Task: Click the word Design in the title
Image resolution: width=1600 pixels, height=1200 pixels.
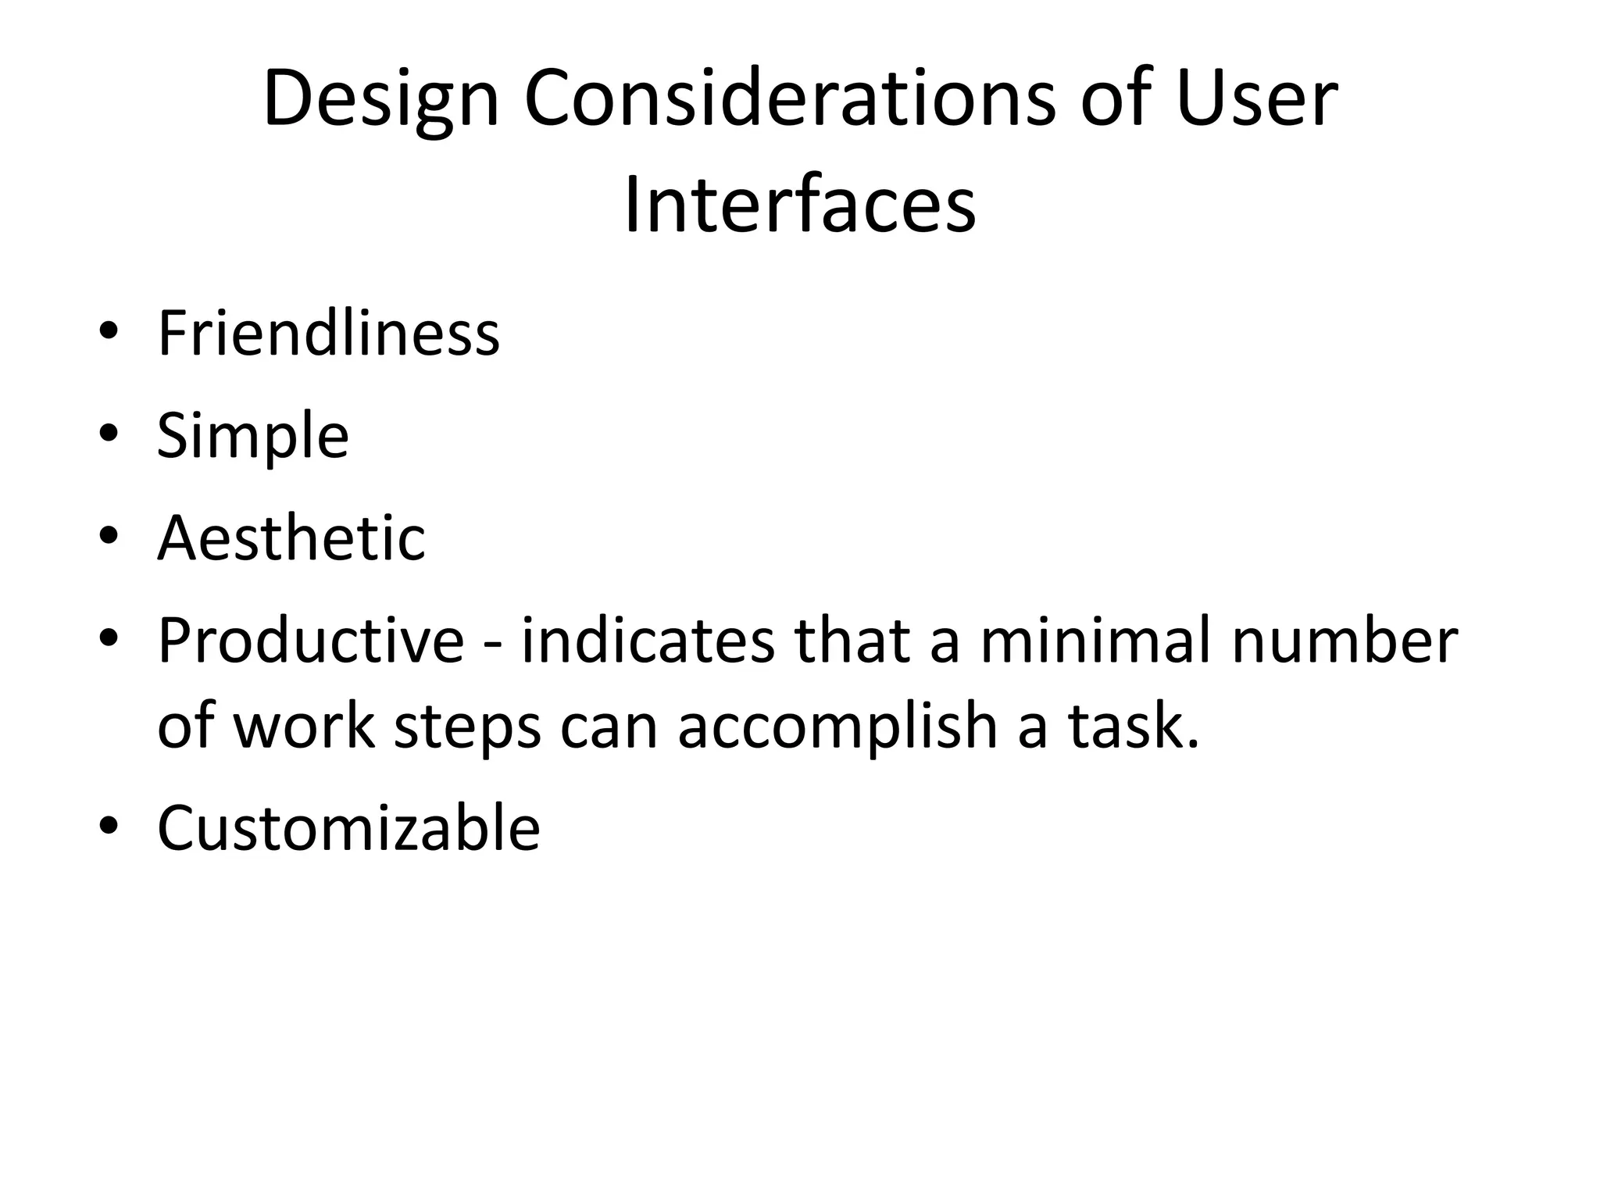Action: click(380, 100)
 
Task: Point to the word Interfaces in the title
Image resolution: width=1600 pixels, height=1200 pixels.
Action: click(800, 206)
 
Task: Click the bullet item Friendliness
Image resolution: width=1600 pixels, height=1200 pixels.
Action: click(328, 334)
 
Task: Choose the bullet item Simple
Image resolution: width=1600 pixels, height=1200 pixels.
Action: click(252, 436)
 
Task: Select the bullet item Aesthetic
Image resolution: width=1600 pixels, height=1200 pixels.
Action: click(291, 538)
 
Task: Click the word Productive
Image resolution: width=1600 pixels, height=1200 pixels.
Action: click(311, 641)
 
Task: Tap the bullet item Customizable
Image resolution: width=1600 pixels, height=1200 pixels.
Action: click(348, 828)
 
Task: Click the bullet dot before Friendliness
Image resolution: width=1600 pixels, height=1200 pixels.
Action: click(109, 332)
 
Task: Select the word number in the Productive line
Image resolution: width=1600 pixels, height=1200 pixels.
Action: click(1345, 641)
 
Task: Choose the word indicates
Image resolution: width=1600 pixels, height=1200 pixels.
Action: click(647, 641)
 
